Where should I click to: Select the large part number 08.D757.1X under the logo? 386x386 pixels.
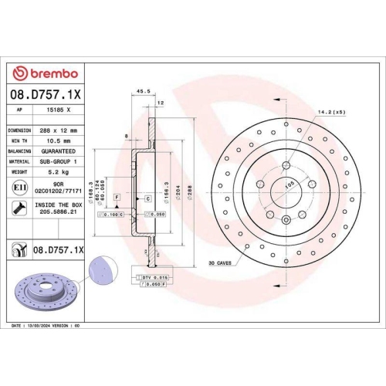click(47, 94)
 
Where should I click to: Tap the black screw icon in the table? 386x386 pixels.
click(18, 207)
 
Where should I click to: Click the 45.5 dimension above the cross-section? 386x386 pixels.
click(142, 90)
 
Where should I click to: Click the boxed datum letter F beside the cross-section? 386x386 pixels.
click(117, 198)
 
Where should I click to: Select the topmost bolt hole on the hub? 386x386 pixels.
click(286, 164)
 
